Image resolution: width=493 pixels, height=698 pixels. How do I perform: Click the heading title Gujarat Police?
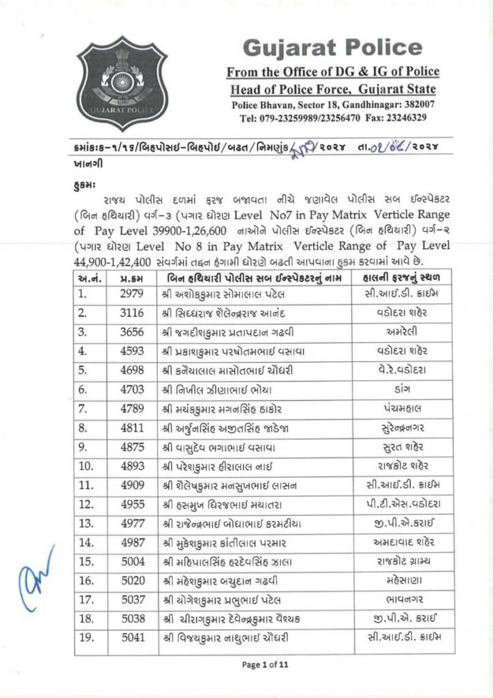tap(332, 48)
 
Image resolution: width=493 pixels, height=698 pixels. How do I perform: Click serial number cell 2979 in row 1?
tap(129, 294)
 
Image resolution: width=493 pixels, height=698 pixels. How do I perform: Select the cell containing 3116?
tap(129, 313)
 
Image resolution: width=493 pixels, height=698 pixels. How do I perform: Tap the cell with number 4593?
tap(129, 352)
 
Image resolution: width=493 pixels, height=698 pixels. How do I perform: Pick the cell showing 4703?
tap(129, 391)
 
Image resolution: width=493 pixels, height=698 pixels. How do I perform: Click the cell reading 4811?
tap(129, 429)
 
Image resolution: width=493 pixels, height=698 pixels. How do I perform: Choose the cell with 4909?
tap(129, 485)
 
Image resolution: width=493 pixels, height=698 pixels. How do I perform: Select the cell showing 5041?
tap(129, 637)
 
